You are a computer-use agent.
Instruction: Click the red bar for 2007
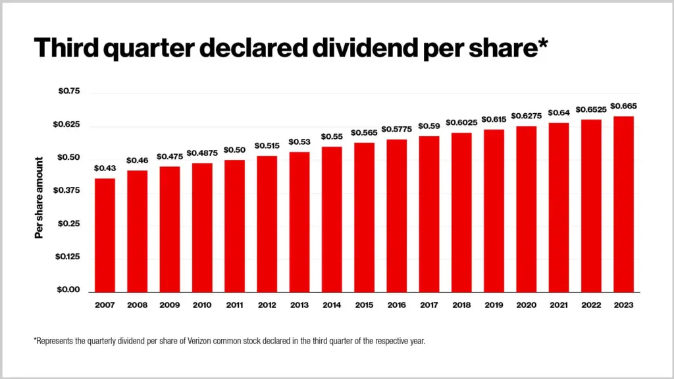(105, 235)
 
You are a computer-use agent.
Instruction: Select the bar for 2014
(332, 219)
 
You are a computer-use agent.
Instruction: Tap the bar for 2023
(623, 204)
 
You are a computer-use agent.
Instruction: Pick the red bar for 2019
(494, 211)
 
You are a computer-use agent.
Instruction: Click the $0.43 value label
(105, 168)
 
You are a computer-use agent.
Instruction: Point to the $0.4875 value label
(202, 153)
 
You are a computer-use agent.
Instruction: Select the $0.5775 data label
(396, 129)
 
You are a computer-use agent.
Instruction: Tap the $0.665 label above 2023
(623, 106)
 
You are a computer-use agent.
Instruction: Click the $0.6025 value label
(461, 122)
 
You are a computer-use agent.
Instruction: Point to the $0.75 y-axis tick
(68, 91)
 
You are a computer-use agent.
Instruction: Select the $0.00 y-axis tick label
(68, 290)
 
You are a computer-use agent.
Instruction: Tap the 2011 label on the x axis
(234, 305)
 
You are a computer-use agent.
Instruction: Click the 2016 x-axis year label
(396, 305)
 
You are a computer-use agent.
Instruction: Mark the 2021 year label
(558, 305)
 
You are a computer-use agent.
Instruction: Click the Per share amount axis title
(39, 197)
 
